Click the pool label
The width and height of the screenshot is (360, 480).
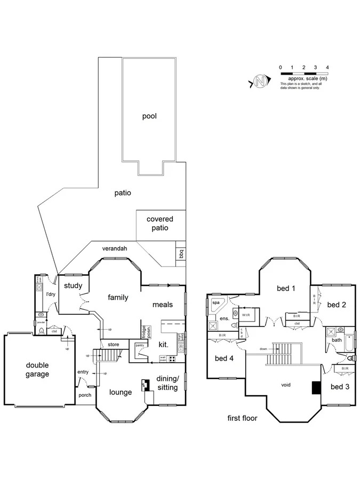(x=149, y=116)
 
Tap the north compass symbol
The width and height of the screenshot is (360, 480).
(x=260, y=82)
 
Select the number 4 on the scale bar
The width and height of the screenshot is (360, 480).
(x=327, y=67)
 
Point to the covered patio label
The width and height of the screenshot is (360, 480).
(x=160, y=223)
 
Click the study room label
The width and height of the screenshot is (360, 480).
(x=73, y=286)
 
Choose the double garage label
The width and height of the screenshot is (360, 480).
(x=37, y=370)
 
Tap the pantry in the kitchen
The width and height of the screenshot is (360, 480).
(x=140, y=346)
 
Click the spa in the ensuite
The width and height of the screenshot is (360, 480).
(x=216, y=302)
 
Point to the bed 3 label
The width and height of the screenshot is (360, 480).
(x=340, y=386)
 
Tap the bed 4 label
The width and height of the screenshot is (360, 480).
(x=225, y=358)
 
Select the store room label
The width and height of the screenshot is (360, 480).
(x=113, y=345)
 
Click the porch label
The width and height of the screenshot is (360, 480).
(x=85, y=395)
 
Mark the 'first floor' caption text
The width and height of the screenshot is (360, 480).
(x=242, y=418)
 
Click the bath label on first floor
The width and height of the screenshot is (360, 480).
(x=337, y=340)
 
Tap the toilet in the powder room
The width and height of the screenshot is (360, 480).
(x=41, y=331)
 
